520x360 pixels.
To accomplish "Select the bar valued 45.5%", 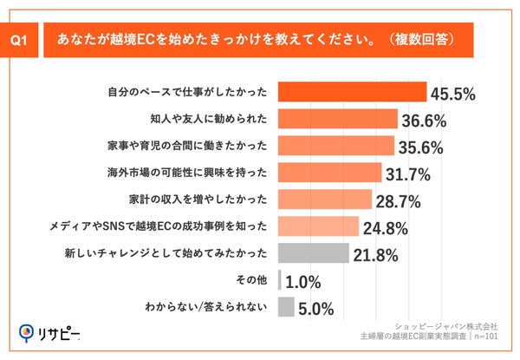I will click(352, 92).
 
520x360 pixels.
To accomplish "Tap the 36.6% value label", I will click(428, 121).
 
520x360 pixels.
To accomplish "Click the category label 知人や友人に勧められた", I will click(203, 119).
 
